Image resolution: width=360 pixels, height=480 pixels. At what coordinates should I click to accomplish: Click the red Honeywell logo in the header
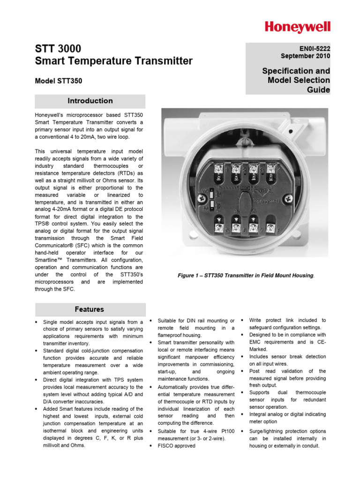tap(297, 27)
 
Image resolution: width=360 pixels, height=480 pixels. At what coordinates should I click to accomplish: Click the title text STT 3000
tap(58, 49)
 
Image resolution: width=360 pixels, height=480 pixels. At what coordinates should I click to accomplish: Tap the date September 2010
tap(305, 56)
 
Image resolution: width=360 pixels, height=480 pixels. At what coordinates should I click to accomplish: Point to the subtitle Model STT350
tap(59, 81)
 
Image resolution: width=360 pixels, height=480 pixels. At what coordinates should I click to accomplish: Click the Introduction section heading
tap(90, 101)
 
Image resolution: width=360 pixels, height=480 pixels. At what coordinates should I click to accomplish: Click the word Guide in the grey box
tap(318, 89)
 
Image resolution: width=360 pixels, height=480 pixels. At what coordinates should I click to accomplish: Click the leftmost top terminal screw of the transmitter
tap(218, 168)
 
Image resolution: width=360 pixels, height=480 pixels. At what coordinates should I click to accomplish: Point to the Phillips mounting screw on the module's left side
tap(202, 198)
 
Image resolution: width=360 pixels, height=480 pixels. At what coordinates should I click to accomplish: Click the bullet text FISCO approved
tap(176, 446)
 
